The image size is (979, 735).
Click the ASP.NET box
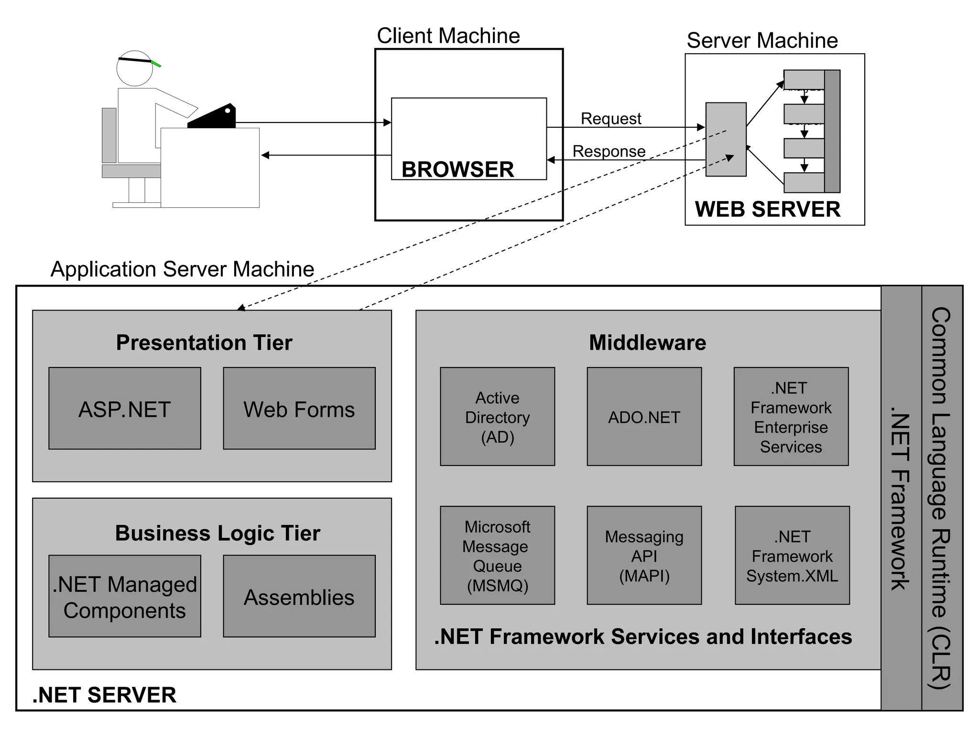[125, 408]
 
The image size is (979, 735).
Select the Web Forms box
[299, 408]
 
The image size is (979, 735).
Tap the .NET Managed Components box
[125, 596]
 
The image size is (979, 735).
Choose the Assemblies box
[299, 596]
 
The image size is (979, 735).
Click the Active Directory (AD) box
[497, 416]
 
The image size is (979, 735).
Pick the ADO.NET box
[644, 416]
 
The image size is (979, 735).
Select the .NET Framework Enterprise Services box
[791, 416]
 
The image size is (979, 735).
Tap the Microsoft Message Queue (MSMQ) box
[497, 555]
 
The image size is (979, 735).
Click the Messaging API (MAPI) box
[644, 555]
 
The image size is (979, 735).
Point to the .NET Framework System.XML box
[792, 555]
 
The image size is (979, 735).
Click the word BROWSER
[457, 169]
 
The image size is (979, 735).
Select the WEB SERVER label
[767, 209]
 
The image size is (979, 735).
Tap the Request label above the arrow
[611, 118]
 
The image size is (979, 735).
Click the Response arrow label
[609, 151]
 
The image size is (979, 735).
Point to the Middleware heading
[647, 343]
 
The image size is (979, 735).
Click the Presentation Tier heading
[204, 343]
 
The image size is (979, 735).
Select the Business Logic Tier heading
[218, 533]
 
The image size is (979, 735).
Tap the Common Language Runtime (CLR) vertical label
[941, 498]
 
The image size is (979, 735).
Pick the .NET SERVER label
[104, 695]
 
